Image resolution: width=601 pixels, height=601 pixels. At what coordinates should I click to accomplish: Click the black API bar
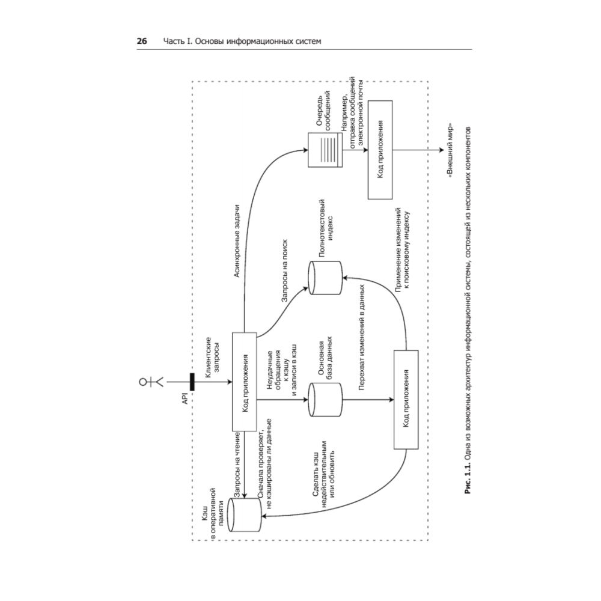[x=192, y=381]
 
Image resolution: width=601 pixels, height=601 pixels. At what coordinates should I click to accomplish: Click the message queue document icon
[x=324, y=150]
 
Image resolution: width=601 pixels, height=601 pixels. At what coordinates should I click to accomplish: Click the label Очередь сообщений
[x=325, y=109]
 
